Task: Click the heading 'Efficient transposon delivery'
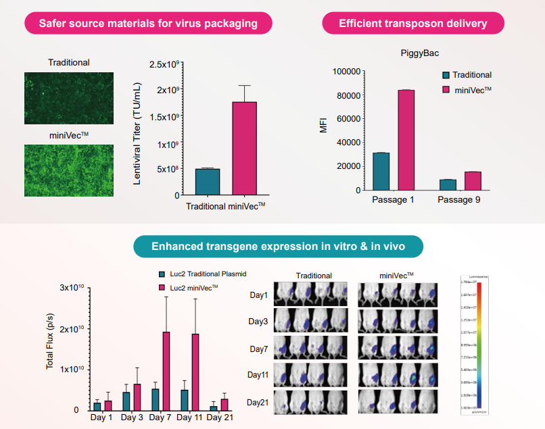(x=412, y=24)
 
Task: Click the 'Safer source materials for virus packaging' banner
(x=148, y=24)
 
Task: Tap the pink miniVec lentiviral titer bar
(x=244, y=149)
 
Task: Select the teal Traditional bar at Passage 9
(x=448, y=184)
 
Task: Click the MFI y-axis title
(x=323, y=125)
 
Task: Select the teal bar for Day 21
(x=214, y=407)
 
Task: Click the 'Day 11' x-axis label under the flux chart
(x=190, y=418)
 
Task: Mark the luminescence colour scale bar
(x=478, y=345)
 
